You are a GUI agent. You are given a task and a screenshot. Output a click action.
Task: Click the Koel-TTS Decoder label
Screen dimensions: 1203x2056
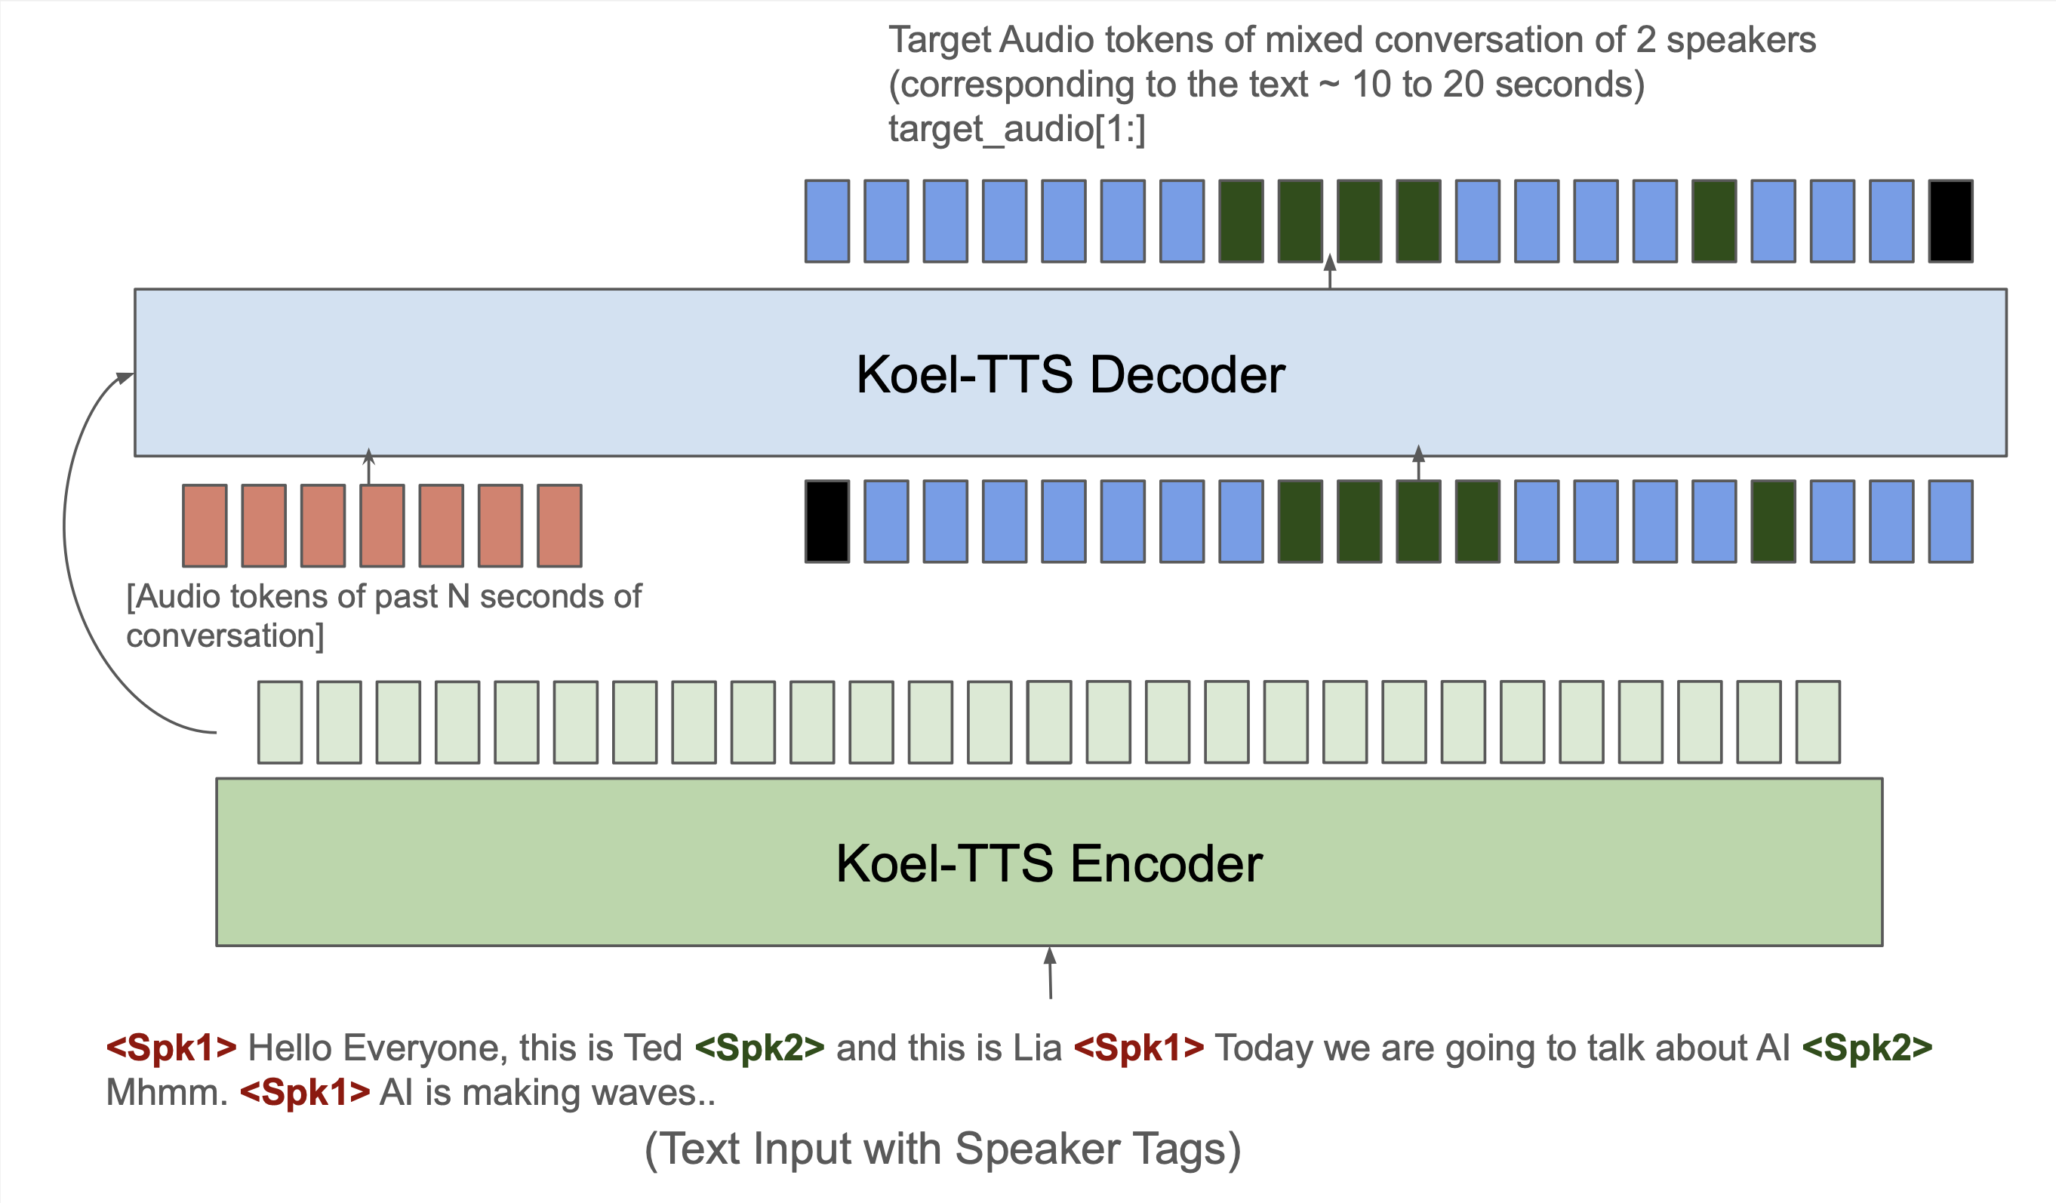point(1070,374)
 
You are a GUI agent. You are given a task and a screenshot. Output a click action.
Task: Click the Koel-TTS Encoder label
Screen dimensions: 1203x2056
point(1048,863)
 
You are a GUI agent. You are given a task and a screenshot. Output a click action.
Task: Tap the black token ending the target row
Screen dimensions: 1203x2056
point(1950,221)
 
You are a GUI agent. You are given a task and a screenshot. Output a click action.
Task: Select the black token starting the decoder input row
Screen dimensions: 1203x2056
point(826,522)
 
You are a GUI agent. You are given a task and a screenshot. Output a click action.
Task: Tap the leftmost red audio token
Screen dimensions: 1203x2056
point(205,525)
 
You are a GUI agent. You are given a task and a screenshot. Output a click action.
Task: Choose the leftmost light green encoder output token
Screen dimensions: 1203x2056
point(280,721)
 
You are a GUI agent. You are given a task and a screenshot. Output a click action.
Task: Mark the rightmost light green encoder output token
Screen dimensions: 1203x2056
point(1817,721)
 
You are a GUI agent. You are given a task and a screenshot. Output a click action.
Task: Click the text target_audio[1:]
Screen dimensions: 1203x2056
point(1017,129)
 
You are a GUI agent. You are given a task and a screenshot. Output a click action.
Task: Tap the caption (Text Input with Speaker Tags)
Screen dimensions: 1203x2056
point(942,1149)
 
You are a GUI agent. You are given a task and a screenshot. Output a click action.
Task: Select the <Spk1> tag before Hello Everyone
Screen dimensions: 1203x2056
point(171,1048)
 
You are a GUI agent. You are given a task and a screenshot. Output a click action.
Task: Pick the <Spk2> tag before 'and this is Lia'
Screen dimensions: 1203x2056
point(759,1048)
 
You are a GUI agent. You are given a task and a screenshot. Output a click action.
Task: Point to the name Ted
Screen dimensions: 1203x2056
point(653,1048)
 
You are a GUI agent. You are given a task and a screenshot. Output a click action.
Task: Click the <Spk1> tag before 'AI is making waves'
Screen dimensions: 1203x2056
point(304,1093)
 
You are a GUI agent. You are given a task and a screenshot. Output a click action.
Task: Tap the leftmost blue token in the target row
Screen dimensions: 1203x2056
point(826,221)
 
